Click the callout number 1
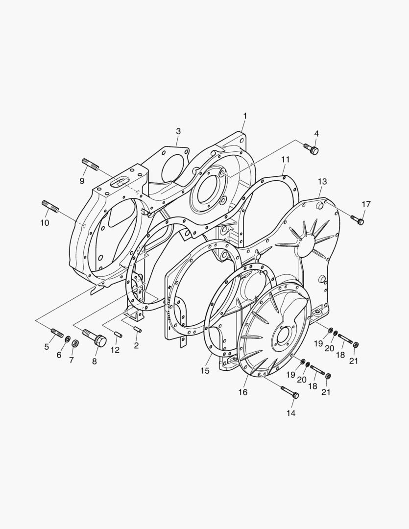click(x=245, y=116)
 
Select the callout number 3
click(x=178, y=131)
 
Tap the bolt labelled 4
click(x=311, y=149)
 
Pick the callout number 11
click(x=286, y=160)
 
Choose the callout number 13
click(x=322, y=182)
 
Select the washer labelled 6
click(x=68, y=339)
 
